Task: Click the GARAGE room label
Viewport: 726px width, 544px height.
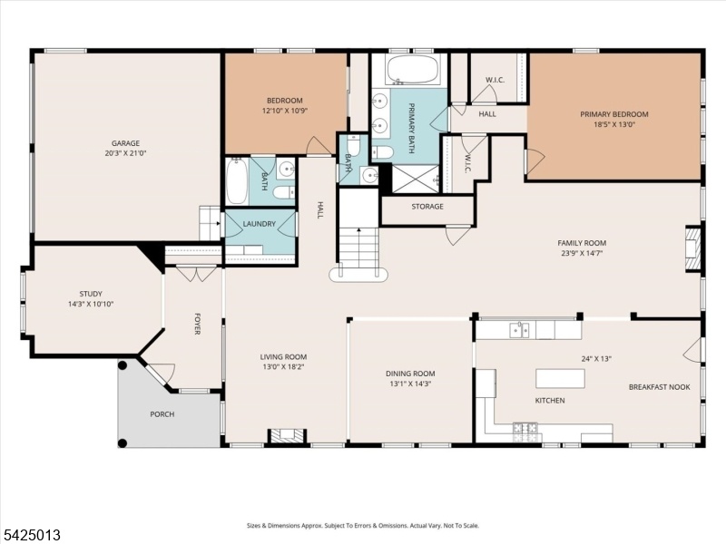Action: coord(125,143)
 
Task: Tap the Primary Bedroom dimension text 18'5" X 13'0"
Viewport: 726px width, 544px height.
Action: coord(614,124)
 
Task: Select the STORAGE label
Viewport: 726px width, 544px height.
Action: coord(427,207)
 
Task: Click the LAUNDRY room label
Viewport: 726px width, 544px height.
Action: coord(260,224)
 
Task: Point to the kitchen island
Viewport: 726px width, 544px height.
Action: coord(560,378)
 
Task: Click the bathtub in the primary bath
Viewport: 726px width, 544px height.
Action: coord(413,70)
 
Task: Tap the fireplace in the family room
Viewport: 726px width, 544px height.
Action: coord(693,248)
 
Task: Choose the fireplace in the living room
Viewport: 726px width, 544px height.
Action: coord(288,435)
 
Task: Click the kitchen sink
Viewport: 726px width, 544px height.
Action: coord(519,330)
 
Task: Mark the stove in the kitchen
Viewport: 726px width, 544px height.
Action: coord(525,432)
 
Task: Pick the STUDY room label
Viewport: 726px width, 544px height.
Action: coord(91,294)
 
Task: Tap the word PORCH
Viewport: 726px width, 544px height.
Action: coord(162,414)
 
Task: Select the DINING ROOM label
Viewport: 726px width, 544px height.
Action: coord(410,374)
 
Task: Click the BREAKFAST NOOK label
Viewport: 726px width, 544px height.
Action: coord(660,387)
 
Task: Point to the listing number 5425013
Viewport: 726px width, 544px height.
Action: coord(31,535)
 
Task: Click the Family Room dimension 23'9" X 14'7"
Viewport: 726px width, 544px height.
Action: coord(582,253)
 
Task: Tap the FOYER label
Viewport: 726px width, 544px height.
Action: coord(197,324)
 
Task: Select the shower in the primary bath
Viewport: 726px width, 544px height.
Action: coord(416,178)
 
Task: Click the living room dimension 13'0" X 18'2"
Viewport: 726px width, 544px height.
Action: coord(283,367)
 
